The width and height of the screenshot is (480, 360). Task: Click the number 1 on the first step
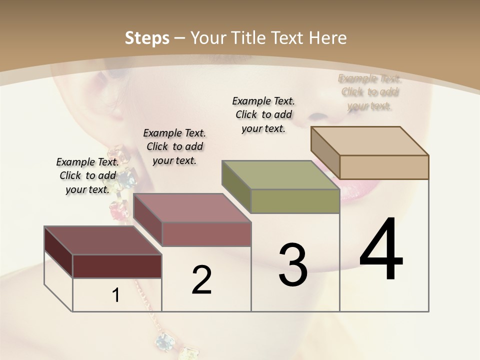click(x=116, y=295)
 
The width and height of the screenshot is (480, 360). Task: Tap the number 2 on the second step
click(x=201, y=280)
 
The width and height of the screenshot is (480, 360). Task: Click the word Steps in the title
click(x=147, y=38)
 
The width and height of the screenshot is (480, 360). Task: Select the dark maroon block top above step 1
click(x=102, y=240)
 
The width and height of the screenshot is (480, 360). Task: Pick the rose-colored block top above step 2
click(x=192, y=208)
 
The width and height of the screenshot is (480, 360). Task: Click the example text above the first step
click(x=87, y=175)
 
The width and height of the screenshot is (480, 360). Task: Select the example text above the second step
click(x=174, y=146)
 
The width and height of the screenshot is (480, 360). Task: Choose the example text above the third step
click(x=263, y=114)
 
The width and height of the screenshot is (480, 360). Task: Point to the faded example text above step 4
click(x=370, y=92)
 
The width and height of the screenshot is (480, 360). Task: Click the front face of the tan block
click(x=384, y=167)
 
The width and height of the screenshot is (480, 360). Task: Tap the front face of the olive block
click(x=295, y=201)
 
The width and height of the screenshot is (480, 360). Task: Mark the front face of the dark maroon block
click(x=117, y=266)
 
